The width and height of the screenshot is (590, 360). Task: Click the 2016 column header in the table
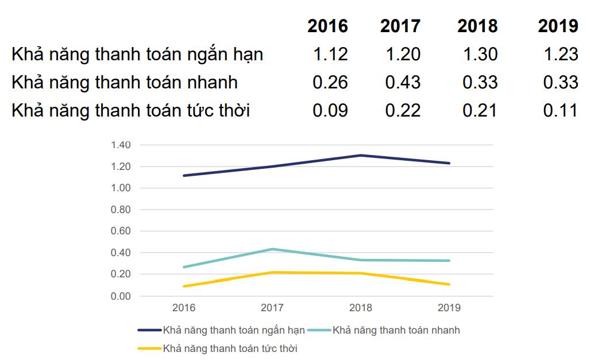click(327, 26)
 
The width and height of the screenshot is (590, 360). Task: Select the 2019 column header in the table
click(558, 26)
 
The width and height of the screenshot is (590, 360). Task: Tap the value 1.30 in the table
click(480, 55)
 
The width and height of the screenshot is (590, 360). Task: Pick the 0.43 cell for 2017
click(403, 82)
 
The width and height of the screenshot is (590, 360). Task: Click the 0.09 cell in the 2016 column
click(330, 110)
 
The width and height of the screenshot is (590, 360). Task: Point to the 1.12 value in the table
click(330, 55)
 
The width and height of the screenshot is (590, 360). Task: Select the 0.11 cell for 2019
click(560, 110)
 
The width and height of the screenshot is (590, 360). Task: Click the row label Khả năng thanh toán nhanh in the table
click(125, 82)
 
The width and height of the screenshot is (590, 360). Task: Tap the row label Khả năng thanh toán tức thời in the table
click(130, 110)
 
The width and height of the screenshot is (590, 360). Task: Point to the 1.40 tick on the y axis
click(121, 145)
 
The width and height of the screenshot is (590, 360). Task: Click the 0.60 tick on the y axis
click(121, 231)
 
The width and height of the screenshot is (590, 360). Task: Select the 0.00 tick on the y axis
click(121, 296)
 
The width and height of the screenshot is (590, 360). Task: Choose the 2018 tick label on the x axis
click(360, 308)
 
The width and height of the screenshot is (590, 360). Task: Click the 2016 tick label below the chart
click(184, 308)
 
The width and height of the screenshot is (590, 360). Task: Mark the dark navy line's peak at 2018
click(360, 155)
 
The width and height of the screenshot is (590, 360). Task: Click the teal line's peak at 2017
click(272, 249)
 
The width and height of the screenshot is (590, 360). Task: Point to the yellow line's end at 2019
click(449, 284)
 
